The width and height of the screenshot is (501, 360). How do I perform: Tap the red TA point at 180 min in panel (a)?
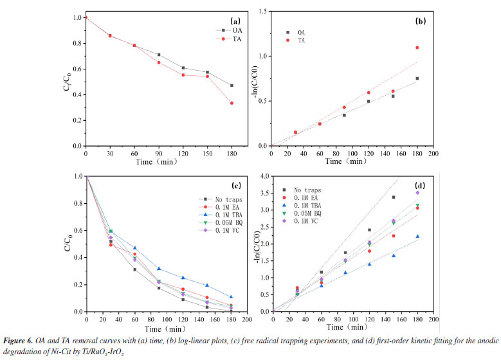[232, 103]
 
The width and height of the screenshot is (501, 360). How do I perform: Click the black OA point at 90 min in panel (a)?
[159, 55]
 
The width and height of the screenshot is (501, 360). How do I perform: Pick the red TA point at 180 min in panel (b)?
[417, 48]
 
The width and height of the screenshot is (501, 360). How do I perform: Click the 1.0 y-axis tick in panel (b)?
[262, 56]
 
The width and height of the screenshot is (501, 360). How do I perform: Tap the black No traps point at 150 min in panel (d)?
[394, 197]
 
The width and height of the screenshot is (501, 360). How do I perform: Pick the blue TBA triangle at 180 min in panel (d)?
[417, 237]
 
